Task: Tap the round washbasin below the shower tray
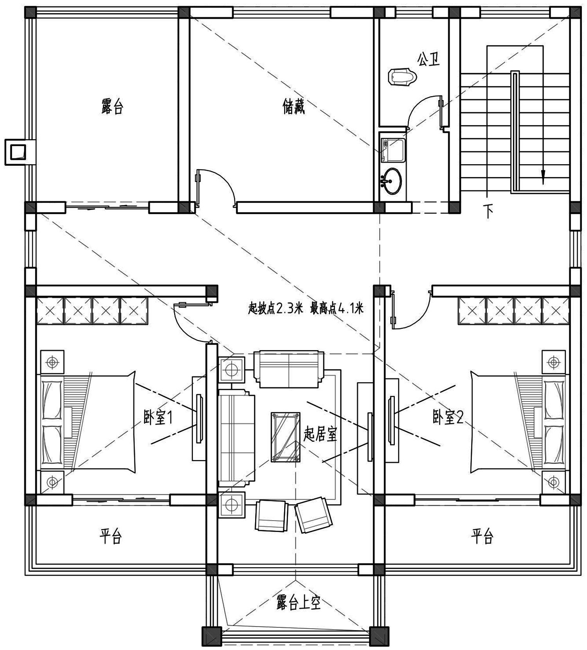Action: click(391, 181)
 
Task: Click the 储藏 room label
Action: click(293, 106)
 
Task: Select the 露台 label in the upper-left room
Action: click(112, 106)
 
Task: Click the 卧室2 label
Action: click(448, 417)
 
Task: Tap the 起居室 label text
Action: click(320, 434)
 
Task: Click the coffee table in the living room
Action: click(285, 437)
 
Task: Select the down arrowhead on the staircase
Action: click(543, 179)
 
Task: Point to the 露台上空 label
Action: click(298, 603)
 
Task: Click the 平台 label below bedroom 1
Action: click(110, 536)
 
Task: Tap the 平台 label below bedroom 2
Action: click(482, 536)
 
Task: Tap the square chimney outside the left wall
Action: click(18, 152)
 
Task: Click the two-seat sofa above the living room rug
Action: click(288, 369)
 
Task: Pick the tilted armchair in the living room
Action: click(313, 515)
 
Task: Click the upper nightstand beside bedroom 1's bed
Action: click(52, 362)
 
